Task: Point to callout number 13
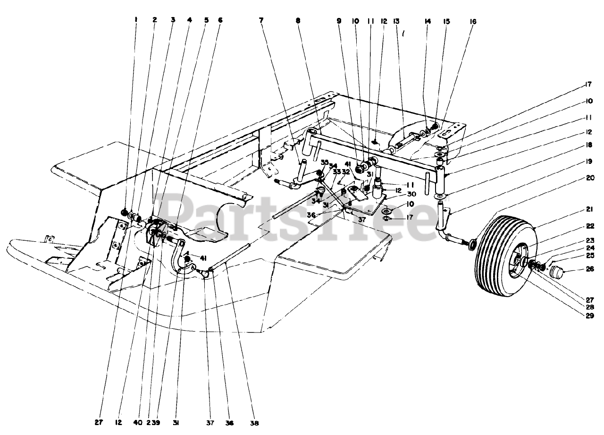click(396, 21)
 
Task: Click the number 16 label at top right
click(473, 21)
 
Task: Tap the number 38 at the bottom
click(254, 423)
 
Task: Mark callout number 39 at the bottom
click(156, 423)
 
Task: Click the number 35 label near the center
click(324, 162)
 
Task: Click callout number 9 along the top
click(338, 21)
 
